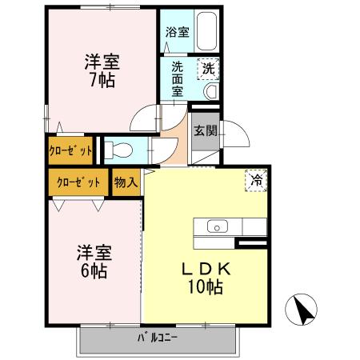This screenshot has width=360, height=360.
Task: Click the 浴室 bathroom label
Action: point(178,33)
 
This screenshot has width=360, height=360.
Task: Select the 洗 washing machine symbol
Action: point(207,69)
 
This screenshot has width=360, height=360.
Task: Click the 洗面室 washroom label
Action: point(178,79)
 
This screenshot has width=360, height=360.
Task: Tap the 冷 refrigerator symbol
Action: point(256,182)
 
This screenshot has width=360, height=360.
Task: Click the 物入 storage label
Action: point(126,182)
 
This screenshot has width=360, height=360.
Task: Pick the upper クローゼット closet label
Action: point(70,150)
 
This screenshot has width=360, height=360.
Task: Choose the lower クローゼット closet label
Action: point(78,182)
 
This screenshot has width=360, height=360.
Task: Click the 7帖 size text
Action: point(103,80)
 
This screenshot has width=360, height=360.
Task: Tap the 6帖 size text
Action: point(93,271)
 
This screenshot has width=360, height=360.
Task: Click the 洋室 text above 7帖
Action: point(103,60)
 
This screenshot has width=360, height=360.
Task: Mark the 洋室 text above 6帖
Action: point(93,251)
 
